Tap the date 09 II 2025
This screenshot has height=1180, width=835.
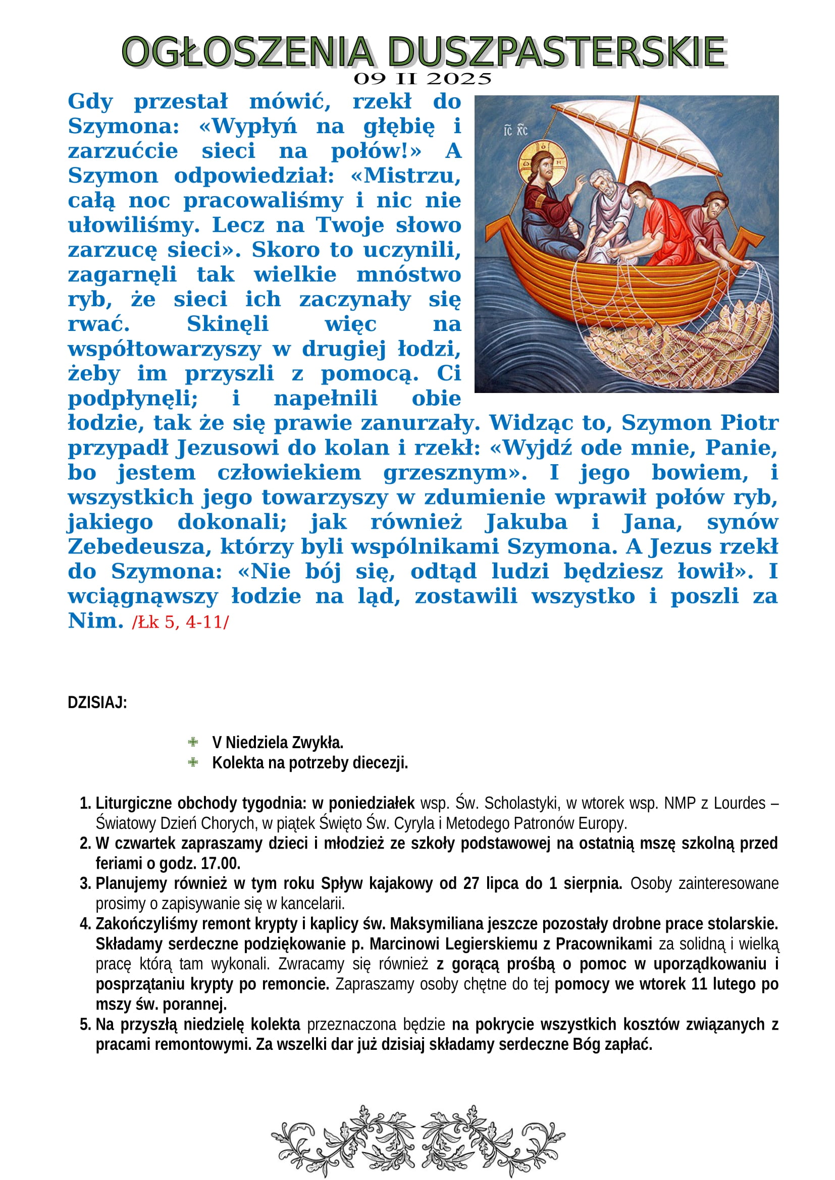(422, 79)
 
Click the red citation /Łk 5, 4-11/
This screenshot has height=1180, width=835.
(180, 623)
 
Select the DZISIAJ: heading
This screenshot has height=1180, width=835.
(97, 703)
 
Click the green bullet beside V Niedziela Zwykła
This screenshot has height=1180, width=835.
(193, 742)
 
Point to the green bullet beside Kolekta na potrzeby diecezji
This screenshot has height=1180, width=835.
(193, 762)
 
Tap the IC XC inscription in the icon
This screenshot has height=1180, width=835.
(516, 131)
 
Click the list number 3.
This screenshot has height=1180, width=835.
(85, 883)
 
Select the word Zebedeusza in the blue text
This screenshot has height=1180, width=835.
(139, 546)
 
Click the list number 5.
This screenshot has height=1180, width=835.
(85, 1024)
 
